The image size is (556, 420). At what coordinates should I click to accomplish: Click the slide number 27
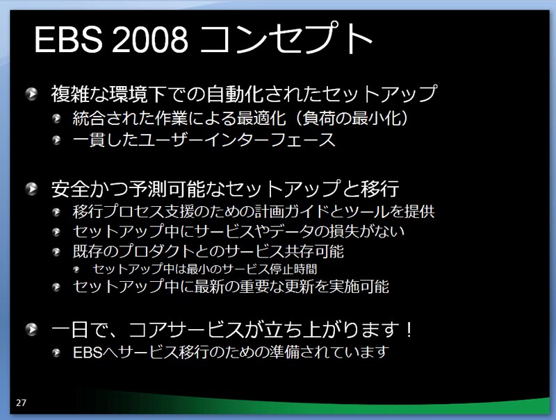(21, 403)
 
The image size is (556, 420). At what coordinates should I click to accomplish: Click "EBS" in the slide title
(68, 40)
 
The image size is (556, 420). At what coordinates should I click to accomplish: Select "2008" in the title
(150, 40)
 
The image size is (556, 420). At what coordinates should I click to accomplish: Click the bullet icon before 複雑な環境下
(31, 94)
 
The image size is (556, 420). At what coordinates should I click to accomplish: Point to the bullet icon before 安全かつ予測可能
(31, 188)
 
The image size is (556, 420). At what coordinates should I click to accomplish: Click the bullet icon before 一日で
(31, 329)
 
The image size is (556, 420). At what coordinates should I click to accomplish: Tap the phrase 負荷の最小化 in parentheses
(352, 118)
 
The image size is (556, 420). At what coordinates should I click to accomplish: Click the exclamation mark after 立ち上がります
(409, 329)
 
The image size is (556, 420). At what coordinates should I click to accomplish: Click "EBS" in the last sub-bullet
(88, 353)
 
